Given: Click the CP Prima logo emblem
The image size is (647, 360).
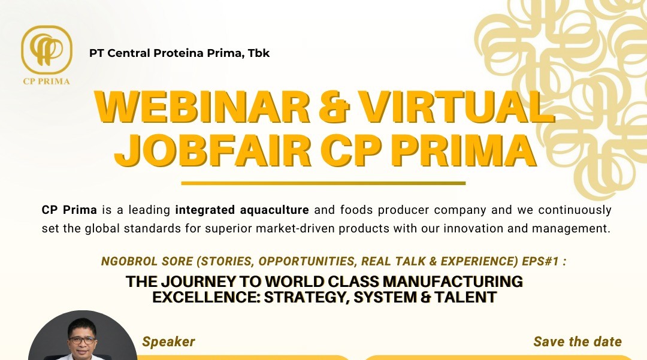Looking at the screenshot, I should pyautogui.click(x=46, y=49).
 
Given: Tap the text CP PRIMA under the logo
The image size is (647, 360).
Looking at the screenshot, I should pyautogui.click(x=46, y=81).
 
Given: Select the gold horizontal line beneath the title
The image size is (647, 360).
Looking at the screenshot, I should pyautogui.click(x=323, y=183).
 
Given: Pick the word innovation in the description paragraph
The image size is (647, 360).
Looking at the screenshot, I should pyautogui.click(x=452, y=228).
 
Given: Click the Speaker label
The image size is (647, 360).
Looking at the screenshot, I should pyautogui.click(x=168, y=342).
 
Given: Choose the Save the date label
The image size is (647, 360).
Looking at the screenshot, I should pyautogui.click(x=577, y=342).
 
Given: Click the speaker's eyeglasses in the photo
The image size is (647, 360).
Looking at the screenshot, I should pyautogui.click(x=82, y=340).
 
